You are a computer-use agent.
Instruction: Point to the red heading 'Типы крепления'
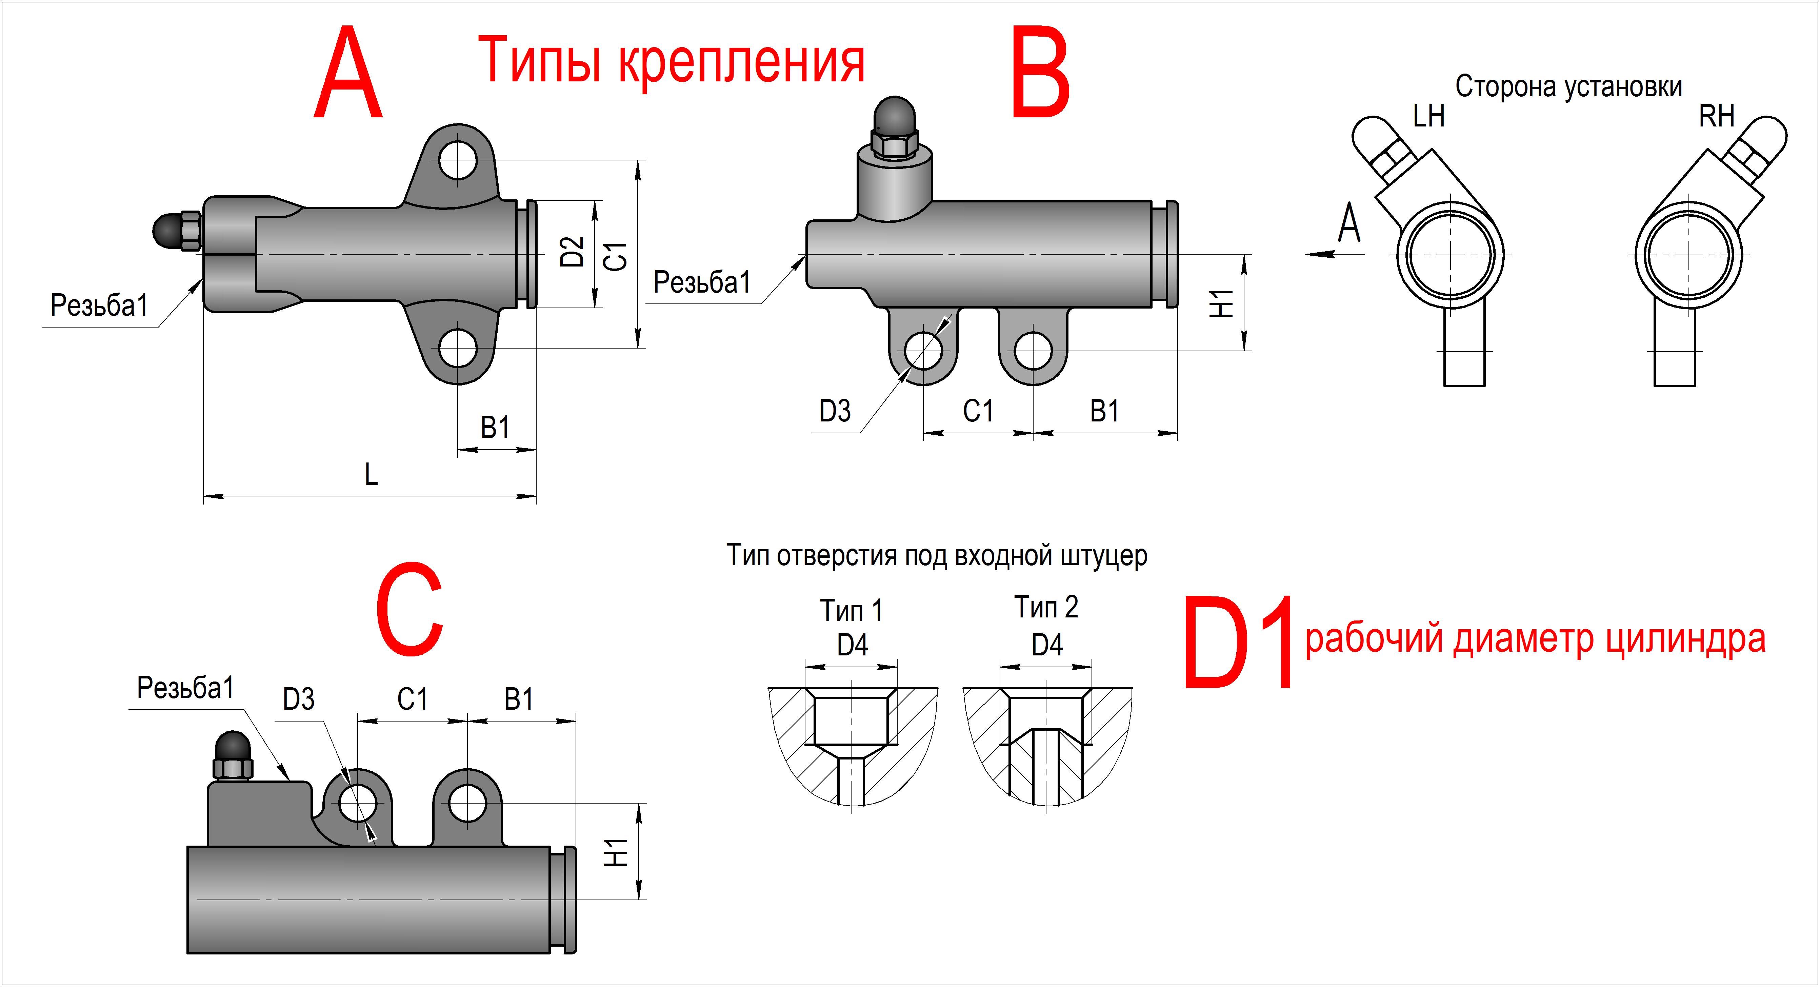coord(671,61)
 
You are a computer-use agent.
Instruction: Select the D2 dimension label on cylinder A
coord(572,252)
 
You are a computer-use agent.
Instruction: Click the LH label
coord(1428,116)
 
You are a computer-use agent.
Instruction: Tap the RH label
coord(1717,116)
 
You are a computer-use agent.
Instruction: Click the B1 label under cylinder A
coord(495,428)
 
